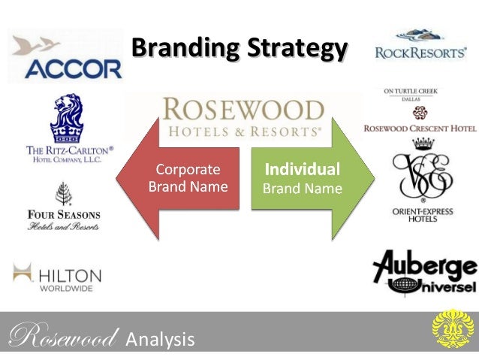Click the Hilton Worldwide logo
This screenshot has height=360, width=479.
[57, 275]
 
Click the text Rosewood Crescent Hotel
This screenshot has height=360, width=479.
[420, 129]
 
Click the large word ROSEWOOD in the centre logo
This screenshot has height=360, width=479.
[242, 110]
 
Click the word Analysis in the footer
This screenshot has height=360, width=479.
[159, 340]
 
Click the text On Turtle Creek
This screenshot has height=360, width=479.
[411, 92]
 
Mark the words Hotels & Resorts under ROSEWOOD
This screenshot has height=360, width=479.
[242, 131]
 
